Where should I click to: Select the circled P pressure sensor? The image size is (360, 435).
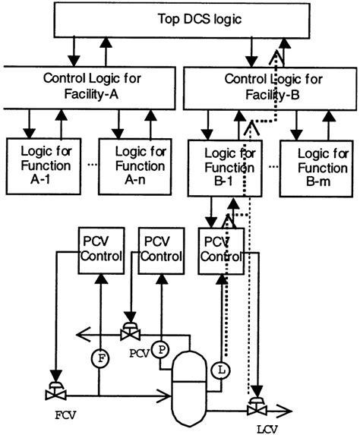pos(159,349)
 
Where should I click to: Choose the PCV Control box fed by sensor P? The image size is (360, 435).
pos(160,250)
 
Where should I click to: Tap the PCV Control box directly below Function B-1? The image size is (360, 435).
pos(220,250)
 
